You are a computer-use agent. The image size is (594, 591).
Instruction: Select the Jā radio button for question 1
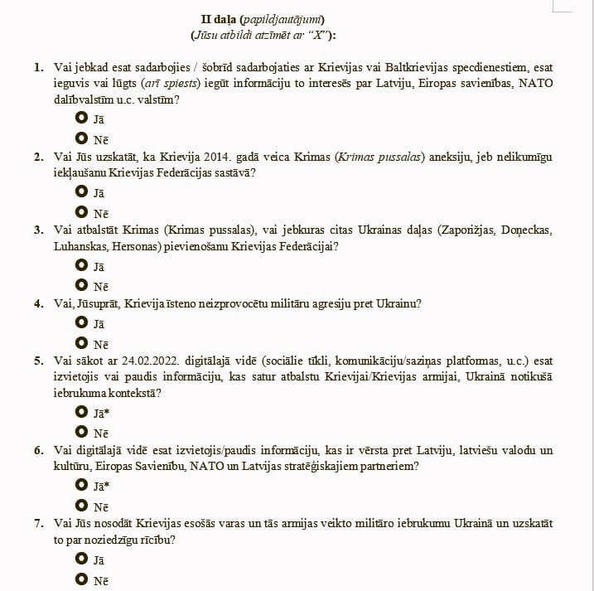(81, 118)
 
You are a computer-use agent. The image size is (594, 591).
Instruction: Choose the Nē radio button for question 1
(81, 138)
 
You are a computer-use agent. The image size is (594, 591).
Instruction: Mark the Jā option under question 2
(81, 192)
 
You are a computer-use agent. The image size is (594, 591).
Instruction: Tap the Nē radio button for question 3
(81, 286)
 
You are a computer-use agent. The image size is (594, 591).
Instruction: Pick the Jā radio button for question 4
(81, 323)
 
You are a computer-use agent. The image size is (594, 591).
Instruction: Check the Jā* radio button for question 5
(81, 412)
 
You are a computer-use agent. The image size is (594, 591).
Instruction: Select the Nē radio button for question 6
(81, 506)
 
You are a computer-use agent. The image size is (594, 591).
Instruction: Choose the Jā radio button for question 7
(81, 560)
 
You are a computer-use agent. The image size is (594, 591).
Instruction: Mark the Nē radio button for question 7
(81, 580)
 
